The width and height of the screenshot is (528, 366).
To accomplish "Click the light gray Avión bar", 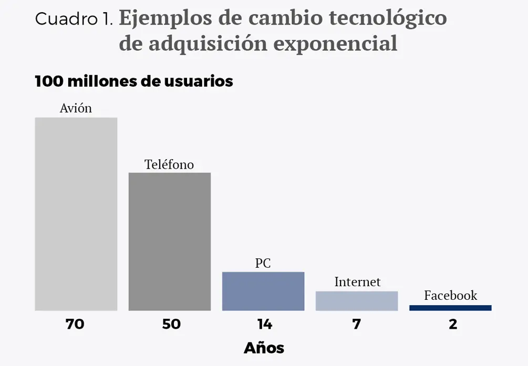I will pyautogui.click(x=76, y=214).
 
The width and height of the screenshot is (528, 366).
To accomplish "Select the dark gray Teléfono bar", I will pyautogui.click(x=170, y=242).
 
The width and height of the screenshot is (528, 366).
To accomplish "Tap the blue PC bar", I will pyautogui.click(x=263, y=291).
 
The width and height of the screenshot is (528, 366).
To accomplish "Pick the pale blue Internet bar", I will pyautogui.click(x=357, y=301).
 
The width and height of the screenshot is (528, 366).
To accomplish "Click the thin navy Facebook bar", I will pyautogui.click(x=450, y=308).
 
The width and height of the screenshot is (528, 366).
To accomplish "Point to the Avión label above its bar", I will pyautogui.click(x=76, y=108).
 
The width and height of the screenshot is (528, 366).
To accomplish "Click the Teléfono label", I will pyautogui.click(x=169, y=164).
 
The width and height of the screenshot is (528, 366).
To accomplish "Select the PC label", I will pyautogui.click(x=263, y=263).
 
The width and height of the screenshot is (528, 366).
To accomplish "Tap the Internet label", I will pyautogui.click(x=357, y=282).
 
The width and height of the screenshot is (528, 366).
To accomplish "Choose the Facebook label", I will pyautogui.click(x=451, y=295).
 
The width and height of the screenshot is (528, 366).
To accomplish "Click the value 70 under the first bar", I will pyautogui.click(x=75, y=325).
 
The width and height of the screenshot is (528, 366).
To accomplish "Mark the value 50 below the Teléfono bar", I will pyautogui.click(x=171, y=325).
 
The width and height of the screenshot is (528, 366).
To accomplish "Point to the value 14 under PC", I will pyautogui.click(x=264, y=325).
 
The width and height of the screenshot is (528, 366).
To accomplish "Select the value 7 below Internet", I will pyautogui.click(x=357, y=325).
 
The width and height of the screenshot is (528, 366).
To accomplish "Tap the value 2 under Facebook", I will pyautogui.click(x=453, y=325).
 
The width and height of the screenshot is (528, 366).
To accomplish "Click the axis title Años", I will pyautogui.click(x=264, y=348).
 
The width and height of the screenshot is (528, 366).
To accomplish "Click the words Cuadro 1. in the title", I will pyautogui.click(x=74, y=19).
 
